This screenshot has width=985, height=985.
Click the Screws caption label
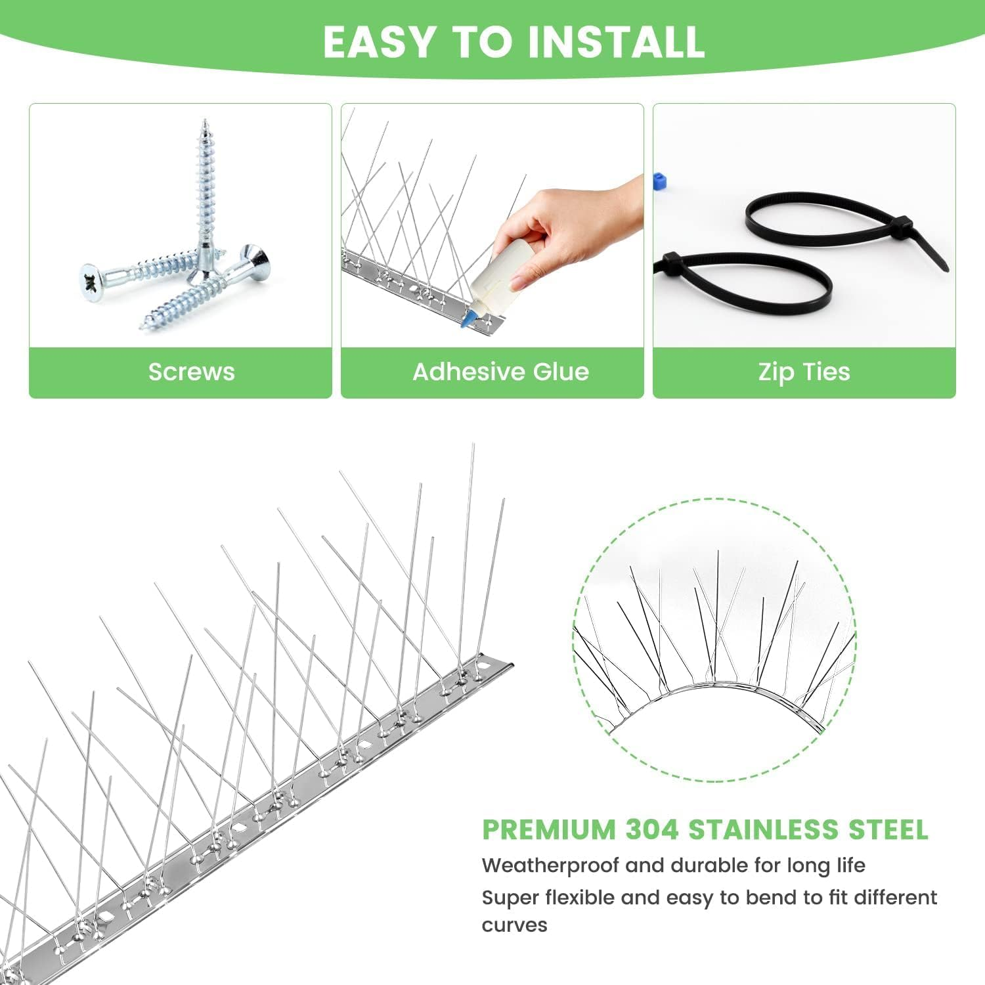click(191, 372)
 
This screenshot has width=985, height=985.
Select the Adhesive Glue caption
click(500, 372)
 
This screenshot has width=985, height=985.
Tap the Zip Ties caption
click(804, 372)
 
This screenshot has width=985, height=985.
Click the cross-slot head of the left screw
click(91, 282)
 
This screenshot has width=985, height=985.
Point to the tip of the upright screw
click(205, 122)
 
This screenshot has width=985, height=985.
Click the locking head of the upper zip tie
click(900, 227)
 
